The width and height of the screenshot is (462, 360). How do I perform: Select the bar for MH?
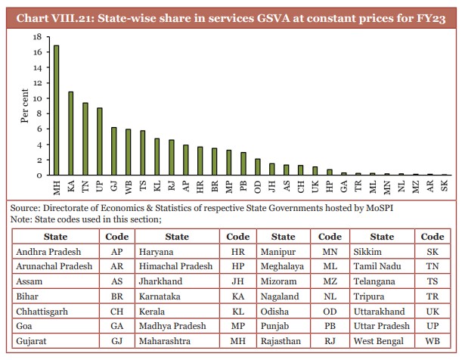[57, 110]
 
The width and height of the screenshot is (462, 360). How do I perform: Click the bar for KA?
[70, 134]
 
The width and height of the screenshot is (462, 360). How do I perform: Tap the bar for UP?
[100, 141]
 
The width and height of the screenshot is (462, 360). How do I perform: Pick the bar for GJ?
[114, 151]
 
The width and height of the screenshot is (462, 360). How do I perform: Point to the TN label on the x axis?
[85, 187]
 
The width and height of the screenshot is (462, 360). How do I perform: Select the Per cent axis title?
[25, 106]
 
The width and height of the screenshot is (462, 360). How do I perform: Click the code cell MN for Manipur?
[330, 252]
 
